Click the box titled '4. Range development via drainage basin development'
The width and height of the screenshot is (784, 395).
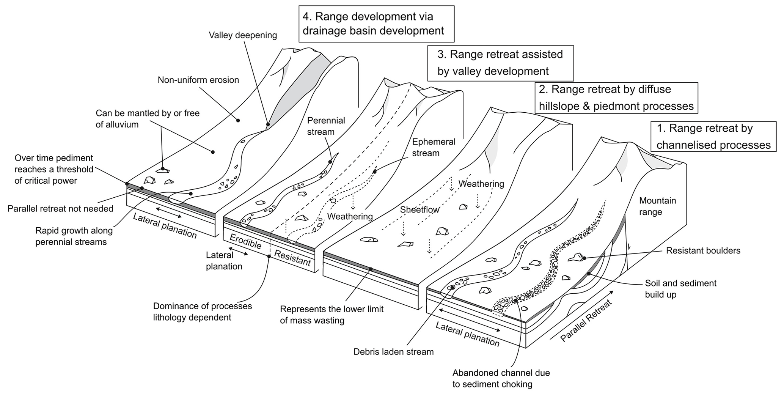(x=376, y=24)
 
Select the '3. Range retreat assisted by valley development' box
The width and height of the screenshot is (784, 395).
(x=500, y=63)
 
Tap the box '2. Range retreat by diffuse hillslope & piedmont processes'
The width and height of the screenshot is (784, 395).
(x=616, y=98)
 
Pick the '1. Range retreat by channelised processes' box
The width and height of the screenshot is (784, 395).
(x=713, y=137)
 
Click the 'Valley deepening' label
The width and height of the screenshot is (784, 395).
(x=243, y=35)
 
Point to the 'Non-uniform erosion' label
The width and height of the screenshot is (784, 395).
(x=198, y=80)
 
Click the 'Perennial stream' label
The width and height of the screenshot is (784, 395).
(x=326, y=126)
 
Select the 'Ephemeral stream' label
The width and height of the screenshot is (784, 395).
(x=434, y=147)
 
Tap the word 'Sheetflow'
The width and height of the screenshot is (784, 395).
(x=419, y=209)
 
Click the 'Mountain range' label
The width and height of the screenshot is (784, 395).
(x=657, y=206)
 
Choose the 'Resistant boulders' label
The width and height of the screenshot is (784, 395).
(x=703, y=250)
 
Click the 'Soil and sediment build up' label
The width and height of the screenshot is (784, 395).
(x=680, y=289)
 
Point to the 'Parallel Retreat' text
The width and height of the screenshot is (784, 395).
(x=586, y=321)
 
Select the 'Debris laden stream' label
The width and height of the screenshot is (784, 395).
(x=393, y=352)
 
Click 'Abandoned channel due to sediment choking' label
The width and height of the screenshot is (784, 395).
(x=501, y=378)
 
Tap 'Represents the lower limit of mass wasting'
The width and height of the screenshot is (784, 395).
(x=332, y=315)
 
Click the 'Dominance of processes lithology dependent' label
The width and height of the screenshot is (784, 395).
(x=202, y=312)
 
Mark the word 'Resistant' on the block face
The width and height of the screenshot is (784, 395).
(x=292, y=258)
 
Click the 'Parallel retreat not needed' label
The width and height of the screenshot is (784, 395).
(x=60, y=208)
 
